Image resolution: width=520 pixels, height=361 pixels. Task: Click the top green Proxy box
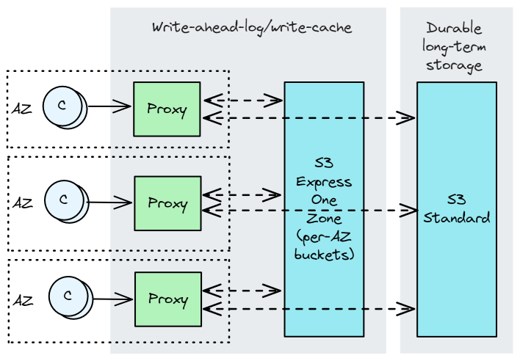point(167,109)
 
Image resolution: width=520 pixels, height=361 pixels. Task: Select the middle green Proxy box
point(167,203)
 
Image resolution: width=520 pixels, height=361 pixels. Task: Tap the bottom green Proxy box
point(167,299)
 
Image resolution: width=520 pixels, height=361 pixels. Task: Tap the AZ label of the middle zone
point(23,203)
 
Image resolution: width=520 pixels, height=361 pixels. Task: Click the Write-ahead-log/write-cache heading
point(252,28)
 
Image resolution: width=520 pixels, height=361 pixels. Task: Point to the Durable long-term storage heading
point(454,47)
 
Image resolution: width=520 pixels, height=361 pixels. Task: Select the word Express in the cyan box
point(324,183)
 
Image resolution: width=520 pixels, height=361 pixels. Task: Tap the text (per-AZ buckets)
point(324,246)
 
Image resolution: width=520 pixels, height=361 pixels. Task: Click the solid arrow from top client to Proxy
point(109,107)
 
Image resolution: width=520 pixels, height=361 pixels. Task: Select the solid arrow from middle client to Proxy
point(110,202)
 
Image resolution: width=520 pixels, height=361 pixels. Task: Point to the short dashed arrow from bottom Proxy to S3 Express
point(242,291)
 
